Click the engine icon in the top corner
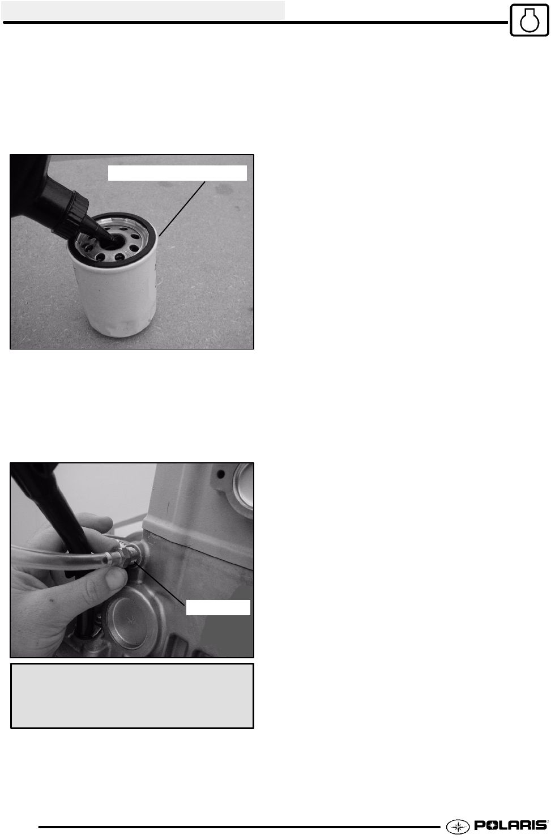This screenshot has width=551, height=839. click(529, 20)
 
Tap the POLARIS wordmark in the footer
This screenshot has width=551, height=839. click(511, 825)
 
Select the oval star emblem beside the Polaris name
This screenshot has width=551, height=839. click(458, 826)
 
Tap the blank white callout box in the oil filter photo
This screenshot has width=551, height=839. click(177, 173)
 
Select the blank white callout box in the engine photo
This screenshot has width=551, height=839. click(218, 607)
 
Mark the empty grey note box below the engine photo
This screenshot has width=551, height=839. click(132, 696)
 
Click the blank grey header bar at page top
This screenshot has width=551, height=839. click(143, 10)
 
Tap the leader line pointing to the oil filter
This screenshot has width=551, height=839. click(182, 208)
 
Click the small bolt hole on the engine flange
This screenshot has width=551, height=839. click(220, 475)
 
